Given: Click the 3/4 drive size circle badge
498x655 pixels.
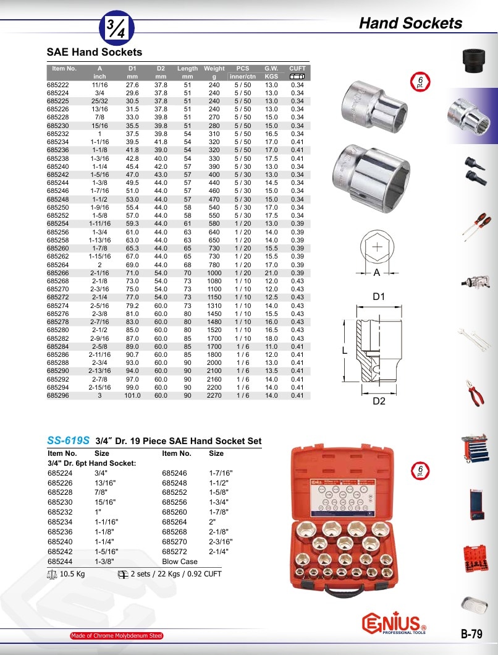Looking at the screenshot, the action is tap(116, 28).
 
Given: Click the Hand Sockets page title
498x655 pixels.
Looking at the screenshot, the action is tap(410, 23).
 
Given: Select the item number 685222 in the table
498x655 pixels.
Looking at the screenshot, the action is tap(58, 85).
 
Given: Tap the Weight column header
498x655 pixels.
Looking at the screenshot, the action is tap(214, 69).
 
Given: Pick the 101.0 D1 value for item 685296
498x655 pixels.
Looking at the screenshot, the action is tap(132, 395).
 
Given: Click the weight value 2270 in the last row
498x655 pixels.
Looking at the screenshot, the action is tap(214, 395).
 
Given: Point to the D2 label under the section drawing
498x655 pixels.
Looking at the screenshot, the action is tap(379, 401).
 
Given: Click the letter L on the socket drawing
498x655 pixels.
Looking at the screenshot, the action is tap(345, 351).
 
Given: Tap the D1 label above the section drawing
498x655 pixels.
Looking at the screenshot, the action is tap(379, 297).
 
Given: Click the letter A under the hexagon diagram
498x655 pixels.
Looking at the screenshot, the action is tap(376, 273).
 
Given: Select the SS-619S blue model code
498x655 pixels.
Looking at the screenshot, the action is tap(68, 440).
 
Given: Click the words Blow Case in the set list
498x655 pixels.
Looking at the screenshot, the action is tap(180, 562).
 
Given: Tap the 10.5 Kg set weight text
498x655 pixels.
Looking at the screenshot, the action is tap(72, 573).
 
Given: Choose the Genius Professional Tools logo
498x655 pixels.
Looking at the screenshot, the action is tap(394, 623).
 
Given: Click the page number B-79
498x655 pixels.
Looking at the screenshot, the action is tap(471, 634).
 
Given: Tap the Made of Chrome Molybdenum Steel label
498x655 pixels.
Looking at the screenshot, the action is tap(116, 636).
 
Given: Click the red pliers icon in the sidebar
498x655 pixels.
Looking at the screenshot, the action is tap(475, 393).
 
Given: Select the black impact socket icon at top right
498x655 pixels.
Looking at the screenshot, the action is tap(475, 61).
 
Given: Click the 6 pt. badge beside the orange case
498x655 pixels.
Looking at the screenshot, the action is tap(420, 470).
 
